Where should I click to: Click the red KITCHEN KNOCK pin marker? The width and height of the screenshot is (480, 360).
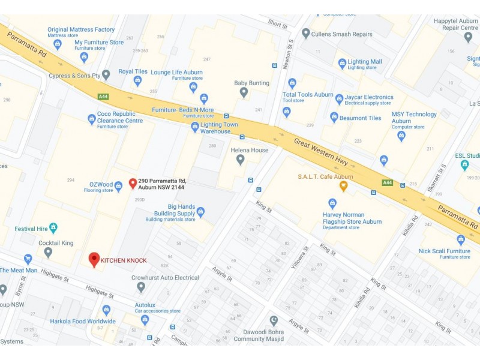tap(94, 259)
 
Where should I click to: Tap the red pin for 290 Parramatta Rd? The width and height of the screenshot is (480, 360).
tap(133, 183)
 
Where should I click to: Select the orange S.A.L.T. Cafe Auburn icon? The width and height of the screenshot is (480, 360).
tap(343, 186)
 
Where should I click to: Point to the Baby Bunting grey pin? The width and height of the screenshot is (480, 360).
tap(244, 92)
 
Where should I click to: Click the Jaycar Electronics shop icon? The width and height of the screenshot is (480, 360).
tap(339, 98)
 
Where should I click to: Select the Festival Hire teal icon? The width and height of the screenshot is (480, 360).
tap(53, 228)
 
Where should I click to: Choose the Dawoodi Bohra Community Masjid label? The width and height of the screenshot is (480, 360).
tap(257, 335)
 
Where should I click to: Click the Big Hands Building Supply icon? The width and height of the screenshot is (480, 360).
tap(200, 212)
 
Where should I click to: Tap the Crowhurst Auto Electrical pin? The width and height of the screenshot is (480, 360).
tap(141, 287)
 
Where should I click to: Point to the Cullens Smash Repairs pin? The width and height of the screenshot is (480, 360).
tap(306, 34)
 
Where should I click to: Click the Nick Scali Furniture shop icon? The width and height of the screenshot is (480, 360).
tap(461, 240)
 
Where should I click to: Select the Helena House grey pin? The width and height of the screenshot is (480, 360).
tap(240, 160)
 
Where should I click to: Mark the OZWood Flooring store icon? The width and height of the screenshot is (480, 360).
tap(118, 186)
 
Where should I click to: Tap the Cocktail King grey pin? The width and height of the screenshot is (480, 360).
tap(48, 252)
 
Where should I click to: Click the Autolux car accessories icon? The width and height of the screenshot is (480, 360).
tap(145, 319)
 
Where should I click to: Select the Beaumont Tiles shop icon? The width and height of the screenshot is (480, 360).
tap(334, 118)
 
